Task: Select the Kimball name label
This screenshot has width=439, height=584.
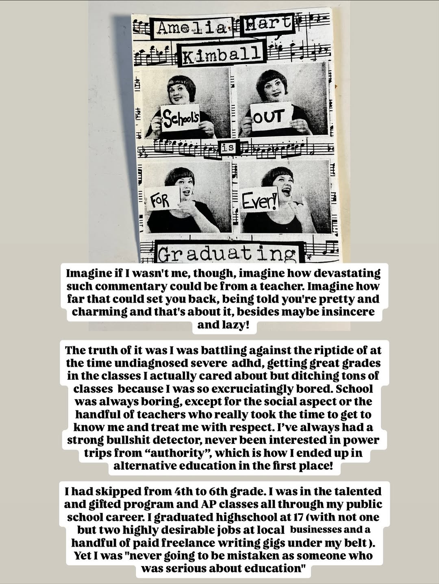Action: pos(221,54)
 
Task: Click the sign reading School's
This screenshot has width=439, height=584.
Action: pos(180,119)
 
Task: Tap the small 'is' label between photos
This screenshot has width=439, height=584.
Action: pos(228,147)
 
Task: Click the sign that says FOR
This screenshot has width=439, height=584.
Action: pos(161,199)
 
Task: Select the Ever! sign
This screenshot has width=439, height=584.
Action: pos(259,200)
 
